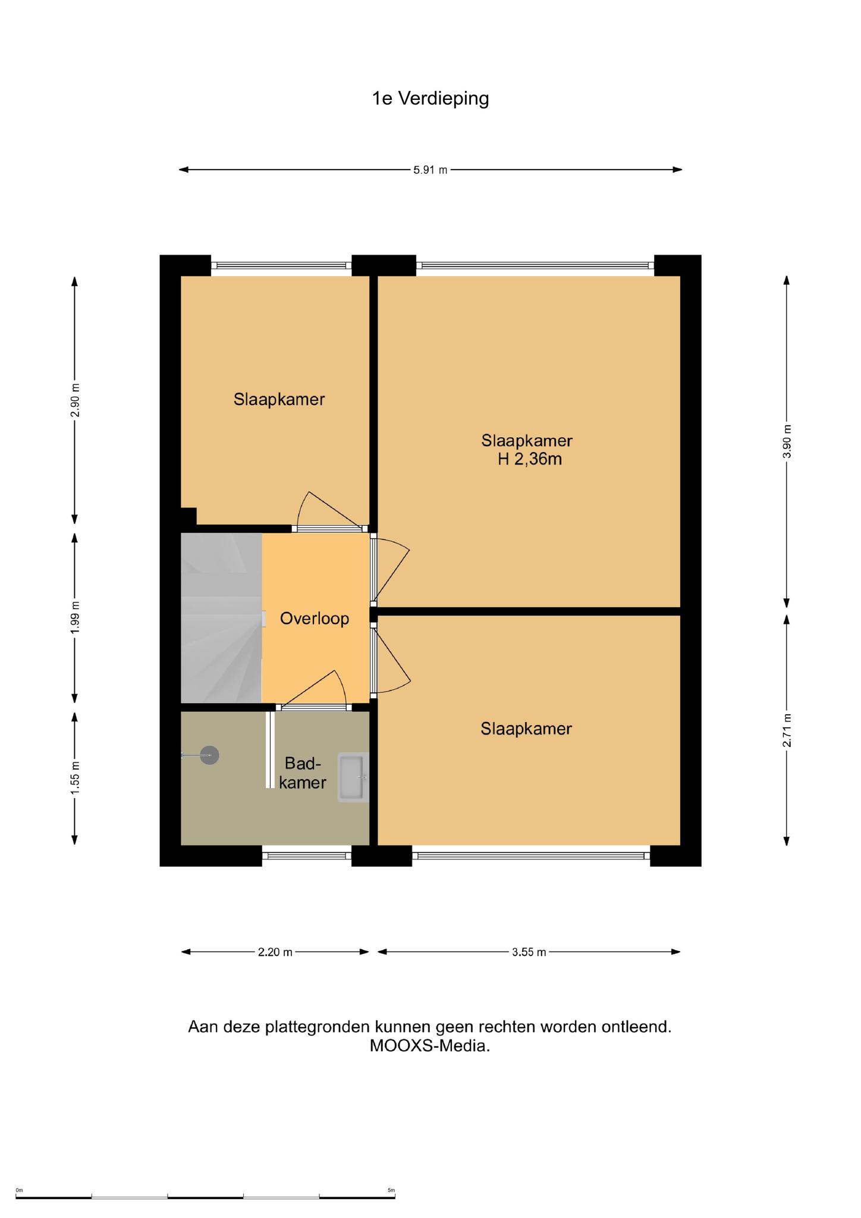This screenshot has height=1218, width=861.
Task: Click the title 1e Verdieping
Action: [x=430, y=99]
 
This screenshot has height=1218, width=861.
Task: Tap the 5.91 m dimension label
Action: [x=430, y=170]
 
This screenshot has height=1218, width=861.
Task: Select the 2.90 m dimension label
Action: [x=75, y=401]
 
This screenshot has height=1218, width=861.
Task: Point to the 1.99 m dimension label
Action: [x=75, y=618]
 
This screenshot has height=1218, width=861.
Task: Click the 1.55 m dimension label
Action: [x=75, y=778]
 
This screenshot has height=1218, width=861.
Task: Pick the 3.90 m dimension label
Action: [x=787, y=441]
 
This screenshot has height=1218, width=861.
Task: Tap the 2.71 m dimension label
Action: [x=787, y=730]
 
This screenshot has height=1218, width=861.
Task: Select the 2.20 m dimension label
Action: [x=275, y=952]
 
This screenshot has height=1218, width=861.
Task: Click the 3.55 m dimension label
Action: [x=529, y=952]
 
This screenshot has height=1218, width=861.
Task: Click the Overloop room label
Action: [x=315, y=619]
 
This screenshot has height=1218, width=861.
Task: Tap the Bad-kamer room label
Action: [x=303, y=773]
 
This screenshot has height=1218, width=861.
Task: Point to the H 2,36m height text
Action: [x=530, y=459]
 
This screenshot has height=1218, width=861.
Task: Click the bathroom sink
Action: [x=353, y=777]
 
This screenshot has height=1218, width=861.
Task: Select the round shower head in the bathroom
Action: [x=209, y=755]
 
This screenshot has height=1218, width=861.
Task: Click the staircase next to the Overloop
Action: [x=221, y=618]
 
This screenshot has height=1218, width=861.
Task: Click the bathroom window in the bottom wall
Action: [x=307, y=856]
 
